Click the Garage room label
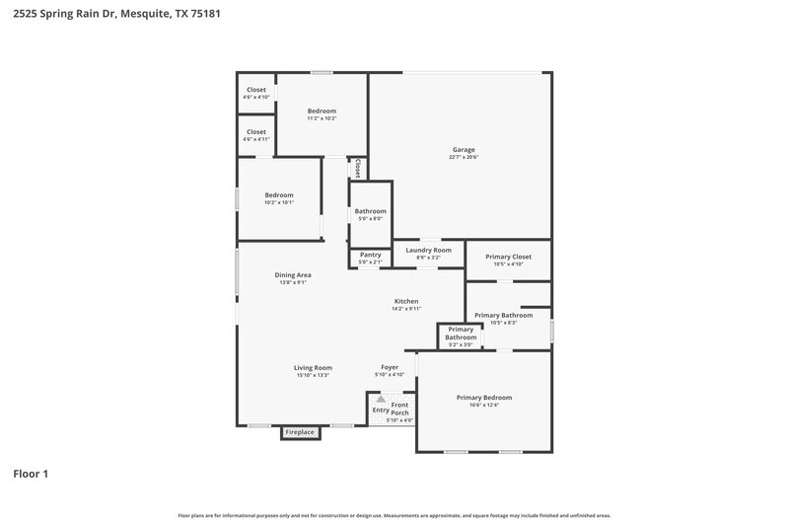pos(464,149)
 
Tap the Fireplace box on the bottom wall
pos(300,432)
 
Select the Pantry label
pos(370,255)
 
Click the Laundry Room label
pos(428,250)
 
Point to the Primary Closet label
pos(508,257)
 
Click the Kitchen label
pos(406,301)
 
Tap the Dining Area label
pos(293,274)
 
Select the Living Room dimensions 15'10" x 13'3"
pos(313,375)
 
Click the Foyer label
pos(390,367)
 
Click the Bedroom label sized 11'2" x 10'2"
pos(322,111)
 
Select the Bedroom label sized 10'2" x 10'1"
pos(279,194)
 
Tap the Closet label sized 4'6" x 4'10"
pos(256,90)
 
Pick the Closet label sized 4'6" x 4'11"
pos(256,131)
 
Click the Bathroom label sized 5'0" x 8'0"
pos(371,211)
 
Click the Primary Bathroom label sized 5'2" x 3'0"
pos(461,333)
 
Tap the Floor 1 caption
pos(31,474)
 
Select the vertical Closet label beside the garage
pos(358,168)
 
